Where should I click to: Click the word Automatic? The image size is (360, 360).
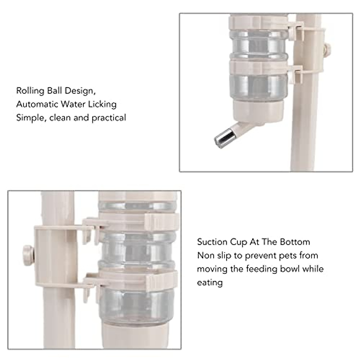pyautogui.click(x=37, y=104)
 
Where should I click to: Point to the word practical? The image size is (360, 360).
pyautogui.click(x=109, y=118)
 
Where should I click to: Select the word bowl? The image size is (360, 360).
pyautogui.click(x=290, y=269)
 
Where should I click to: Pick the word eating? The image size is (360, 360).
pyautogui.click(x=210, y=283)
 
